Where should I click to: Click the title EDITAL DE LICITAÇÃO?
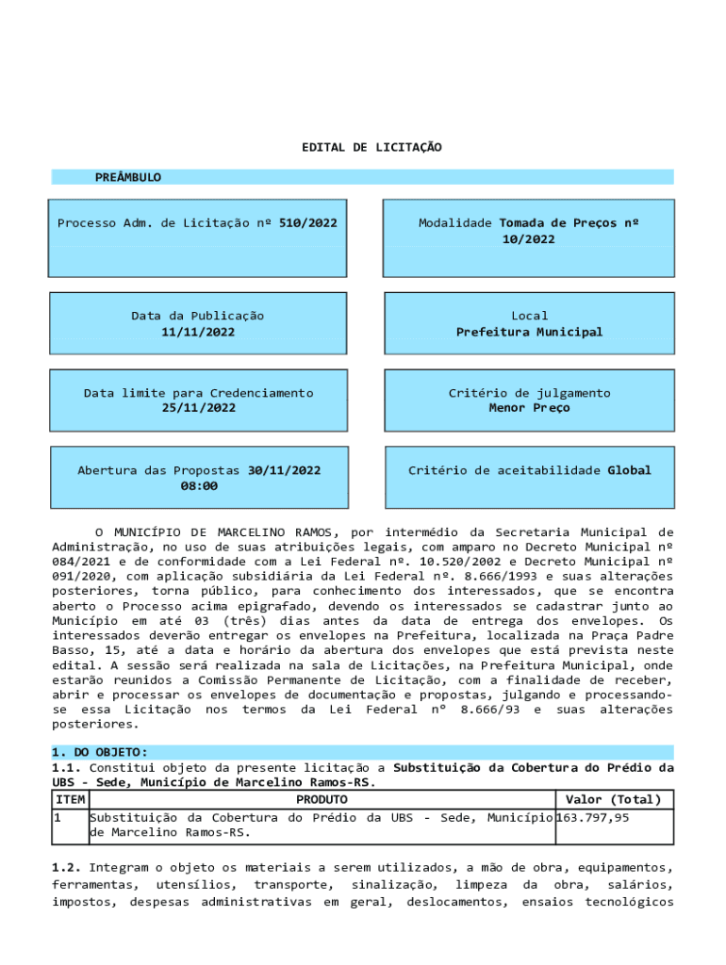point(371,148)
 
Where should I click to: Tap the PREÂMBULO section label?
point(127,177)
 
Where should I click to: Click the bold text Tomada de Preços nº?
point(569,223)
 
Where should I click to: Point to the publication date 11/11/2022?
point(198,332)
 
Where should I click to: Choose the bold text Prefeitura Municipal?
point(529,332)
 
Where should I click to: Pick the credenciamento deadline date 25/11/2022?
point(198,408)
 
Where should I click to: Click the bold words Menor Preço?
point(529,408)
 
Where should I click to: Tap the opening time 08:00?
point(198,485)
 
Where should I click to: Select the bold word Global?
point(629,470)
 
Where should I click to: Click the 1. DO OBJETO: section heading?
point(99,752)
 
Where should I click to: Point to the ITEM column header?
point(70,800)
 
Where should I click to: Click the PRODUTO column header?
point(322,800)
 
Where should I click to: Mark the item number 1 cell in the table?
point(58,817)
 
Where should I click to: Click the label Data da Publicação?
point(198,316)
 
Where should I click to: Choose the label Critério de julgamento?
point(529,393)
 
